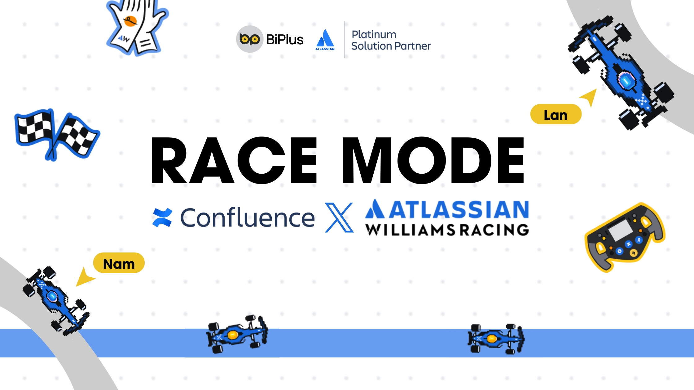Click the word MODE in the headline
(433, 160)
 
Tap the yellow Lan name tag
(556, 115)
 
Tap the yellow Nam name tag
(119, 263)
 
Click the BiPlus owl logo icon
(249, 39)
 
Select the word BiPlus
(285, 40)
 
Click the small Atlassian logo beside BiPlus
(325, 40)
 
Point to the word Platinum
(374, 34)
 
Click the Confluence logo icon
(162, 217)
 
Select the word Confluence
(247, 218)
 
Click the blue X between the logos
(339, 217)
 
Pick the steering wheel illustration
(625, 238)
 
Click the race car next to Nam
(56, 300)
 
